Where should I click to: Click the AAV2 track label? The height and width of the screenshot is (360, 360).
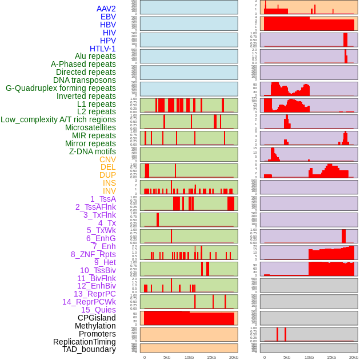click(x=106, y=9)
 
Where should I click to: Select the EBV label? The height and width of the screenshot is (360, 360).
click(x=108, y=17)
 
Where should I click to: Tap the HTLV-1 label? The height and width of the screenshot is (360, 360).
click(x=103, y=49)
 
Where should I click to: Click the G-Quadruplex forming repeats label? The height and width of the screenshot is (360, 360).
click(x=61, y=88)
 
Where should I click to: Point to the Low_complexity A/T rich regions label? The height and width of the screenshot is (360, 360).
click(x=58, y=119)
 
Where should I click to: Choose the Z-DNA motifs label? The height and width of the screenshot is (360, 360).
click(x=93, y=151)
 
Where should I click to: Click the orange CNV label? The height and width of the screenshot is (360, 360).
click(x=107, y=159)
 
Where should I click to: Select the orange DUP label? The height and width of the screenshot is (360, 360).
click(x=107, y=175)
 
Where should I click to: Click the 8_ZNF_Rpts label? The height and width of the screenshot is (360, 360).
click(x=93, y=254)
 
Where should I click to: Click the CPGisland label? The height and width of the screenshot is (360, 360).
click(x=97, y=318)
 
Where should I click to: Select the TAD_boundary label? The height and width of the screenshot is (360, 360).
click(x=89, y=349)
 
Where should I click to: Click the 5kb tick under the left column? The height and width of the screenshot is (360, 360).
click(x=167, y=357)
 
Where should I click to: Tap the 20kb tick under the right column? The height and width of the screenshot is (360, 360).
click(x=354, y=357)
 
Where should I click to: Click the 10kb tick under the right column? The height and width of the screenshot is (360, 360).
click(x=309, y=357)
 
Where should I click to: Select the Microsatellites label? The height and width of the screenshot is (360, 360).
click(x=90, y=127)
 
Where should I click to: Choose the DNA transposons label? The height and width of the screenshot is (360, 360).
click(x=85, y=80)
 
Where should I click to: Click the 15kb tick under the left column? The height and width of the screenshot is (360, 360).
click(x=211, y=357)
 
